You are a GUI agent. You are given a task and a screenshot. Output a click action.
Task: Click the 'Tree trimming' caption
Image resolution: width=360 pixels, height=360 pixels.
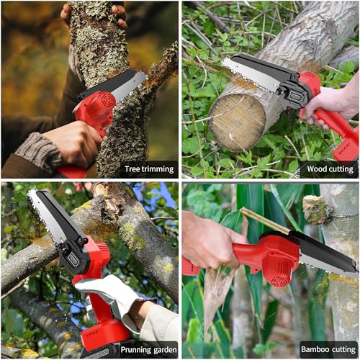click(149, 169)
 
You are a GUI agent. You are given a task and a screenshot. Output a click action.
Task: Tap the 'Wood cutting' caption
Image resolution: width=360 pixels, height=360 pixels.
click(330, 169)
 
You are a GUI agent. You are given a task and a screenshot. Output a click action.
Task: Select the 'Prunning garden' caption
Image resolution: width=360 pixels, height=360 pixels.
click(148, 350)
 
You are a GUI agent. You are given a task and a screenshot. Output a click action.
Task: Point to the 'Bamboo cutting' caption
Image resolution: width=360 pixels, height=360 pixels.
click(328, 349)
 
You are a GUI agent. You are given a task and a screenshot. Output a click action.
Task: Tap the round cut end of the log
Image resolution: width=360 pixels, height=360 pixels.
click(237, 123)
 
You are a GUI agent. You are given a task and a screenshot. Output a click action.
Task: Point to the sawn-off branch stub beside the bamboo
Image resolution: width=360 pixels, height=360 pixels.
click(318, 210)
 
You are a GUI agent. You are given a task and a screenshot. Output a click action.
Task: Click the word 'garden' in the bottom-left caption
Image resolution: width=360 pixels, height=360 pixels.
click(165, 351)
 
